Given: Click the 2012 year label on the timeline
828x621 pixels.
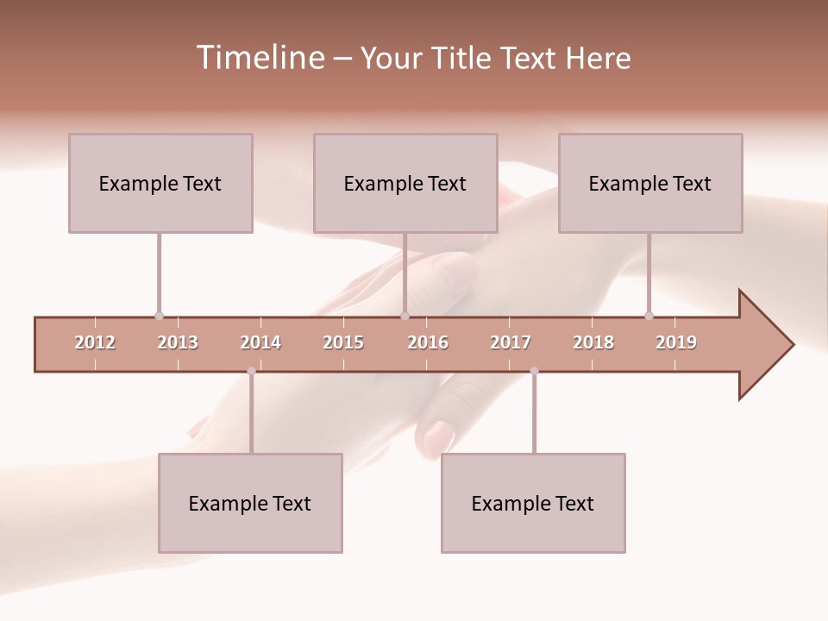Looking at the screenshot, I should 95,342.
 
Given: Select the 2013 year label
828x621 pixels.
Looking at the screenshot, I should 178,342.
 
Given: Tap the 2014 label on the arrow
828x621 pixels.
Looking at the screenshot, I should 260,342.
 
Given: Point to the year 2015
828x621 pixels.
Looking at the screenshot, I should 343,342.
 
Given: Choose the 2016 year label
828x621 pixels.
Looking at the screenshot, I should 428,342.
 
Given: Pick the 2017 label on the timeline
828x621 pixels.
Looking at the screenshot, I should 511,342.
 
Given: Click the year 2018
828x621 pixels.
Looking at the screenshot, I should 593,342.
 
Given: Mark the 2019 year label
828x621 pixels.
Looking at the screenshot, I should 676,342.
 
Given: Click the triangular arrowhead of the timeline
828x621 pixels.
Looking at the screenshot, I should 765,345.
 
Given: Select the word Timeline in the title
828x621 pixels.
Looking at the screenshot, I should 260,58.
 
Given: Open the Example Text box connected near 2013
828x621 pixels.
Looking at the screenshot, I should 160,183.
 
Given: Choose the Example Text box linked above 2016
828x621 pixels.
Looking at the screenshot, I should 405,183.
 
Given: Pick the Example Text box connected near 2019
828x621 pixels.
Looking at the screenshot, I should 650,183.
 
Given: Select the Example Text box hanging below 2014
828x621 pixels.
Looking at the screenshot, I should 250,503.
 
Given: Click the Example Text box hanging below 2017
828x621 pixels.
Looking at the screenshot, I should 533,503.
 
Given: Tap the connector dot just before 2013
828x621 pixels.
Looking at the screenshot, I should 159,316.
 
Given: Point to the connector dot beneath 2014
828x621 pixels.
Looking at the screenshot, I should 251,371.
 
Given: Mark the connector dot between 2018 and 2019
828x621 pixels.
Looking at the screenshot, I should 649,316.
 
